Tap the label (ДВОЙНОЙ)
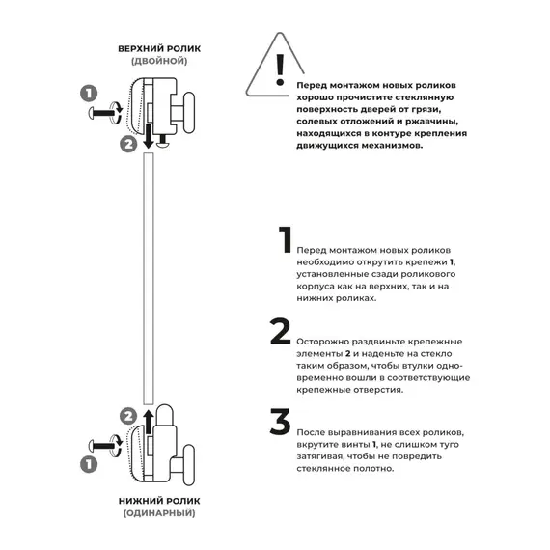click(158, 61)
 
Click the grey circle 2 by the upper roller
click(128, 146)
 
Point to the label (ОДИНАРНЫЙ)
click(159, 516)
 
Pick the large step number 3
click(280, 422)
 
